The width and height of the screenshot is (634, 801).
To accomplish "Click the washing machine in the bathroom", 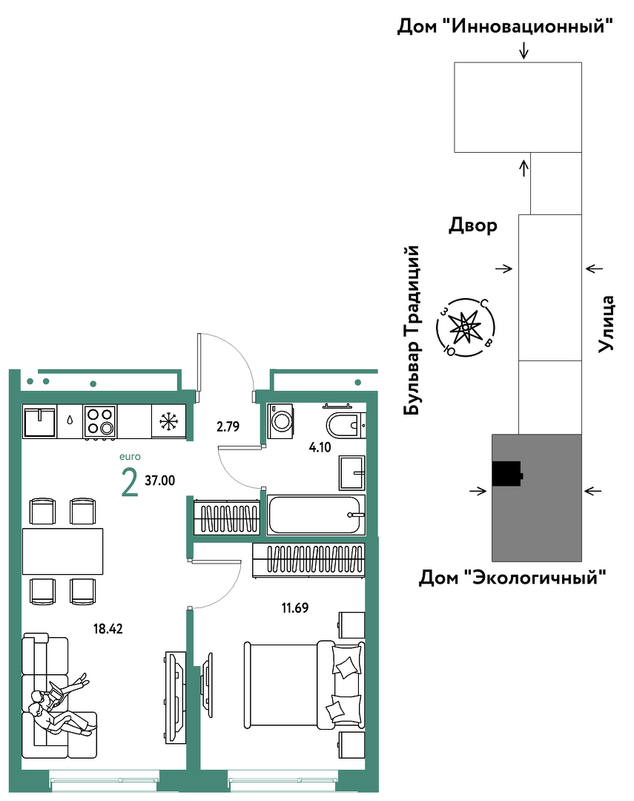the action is (x=280, y=421).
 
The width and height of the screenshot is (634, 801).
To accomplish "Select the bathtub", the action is (x=316, y=515).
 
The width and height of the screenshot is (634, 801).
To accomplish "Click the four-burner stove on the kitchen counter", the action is (x=99, y=421).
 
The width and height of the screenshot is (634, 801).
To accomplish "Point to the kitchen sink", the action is (x=39, y=421).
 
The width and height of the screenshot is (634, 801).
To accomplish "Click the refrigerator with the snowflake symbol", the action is (x=168, y=421).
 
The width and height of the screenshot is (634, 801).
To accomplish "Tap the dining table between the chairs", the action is (x=62, y=551).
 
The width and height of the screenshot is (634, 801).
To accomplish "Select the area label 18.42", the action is (x=108, y=628).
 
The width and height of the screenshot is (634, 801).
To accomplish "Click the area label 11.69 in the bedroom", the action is (x=295, y=607).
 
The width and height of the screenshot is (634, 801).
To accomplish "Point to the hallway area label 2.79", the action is (x=228, y=426).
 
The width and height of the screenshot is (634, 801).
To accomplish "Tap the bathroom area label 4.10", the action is (x=320, y=447).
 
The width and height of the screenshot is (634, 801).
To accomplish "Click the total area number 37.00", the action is (x=160, y=480).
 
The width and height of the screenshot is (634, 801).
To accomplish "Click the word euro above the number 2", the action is (x=130, y=457).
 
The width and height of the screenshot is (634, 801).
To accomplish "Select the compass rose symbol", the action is (x=466, y=327).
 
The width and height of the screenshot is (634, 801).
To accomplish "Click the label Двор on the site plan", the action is (x=473, y=225).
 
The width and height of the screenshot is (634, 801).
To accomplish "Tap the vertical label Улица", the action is (x=607, y=323).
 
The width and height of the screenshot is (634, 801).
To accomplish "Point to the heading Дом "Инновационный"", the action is (x=505, y=26).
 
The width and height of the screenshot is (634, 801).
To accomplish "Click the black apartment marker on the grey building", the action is (x=506, y=473).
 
